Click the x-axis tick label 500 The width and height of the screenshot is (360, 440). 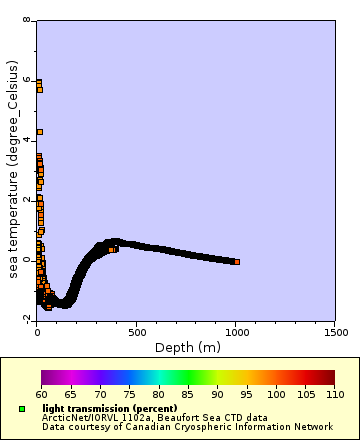pyautogui.click(x=136, y=332)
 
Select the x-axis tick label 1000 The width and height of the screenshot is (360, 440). pyautogui.click(x=236, y=332)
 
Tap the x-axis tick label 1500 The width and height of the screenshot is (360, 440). pyautogui.click(x=335, y=332)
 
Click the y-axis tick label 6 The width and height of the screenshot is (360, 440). pyautogui.click(x=27, y=81)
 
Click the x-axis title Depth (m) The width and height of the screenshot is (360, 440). pyautogui.click(x=188, y=347)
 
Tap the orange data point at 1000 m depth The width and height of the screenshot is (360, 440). pyautogui.click(x=237, y=262)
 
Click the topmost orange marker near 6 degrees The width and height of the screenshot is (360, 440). pyautogui.click(x=39, y=82)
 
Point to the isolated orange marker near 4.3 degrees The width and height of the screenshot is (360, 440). pyautogui.click(x=40, y=132)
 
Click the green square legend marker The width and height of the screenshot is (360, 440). pyautogui.click(x=22, y=409)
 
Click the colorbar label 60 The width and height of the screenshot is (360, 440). pyautogui.click(x=41, y=395)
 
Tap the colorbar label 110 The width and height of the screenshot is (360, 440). pyautogui.click(x=335, y=395)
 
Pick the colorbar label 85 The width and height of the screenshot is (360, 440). pyautogui.click(x=188, y=395)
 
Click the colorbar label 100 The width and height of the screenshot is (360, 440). pyautogui.click(x=275, y=395)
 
